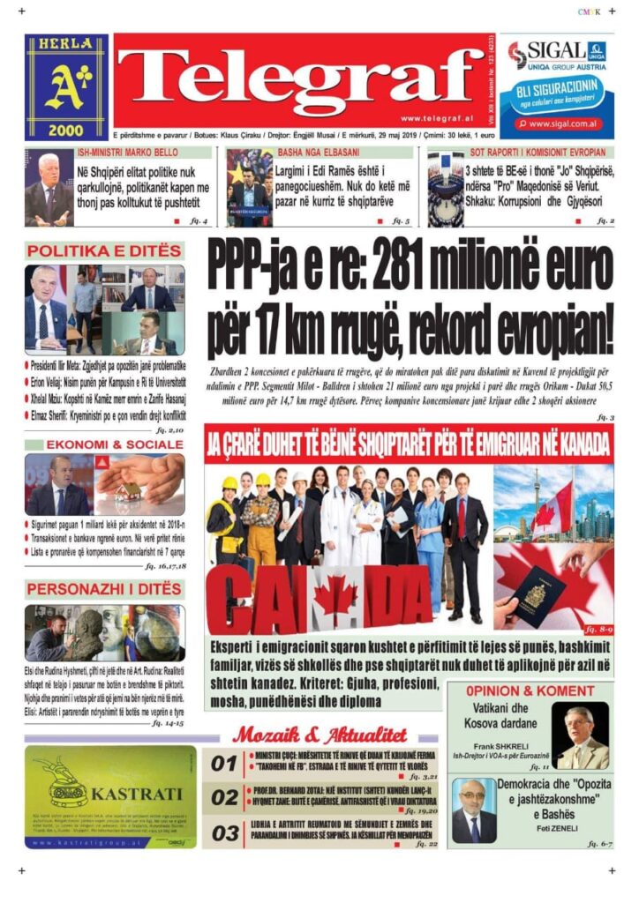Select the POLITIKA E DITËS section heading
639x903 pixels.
tap(104, 251)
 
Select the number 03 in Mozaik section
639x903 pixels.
tap(224, 832)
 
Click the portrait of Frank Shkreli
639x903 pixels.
tap(580, 736)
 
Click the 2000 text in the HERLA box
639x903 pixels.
tap(66, 129)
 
